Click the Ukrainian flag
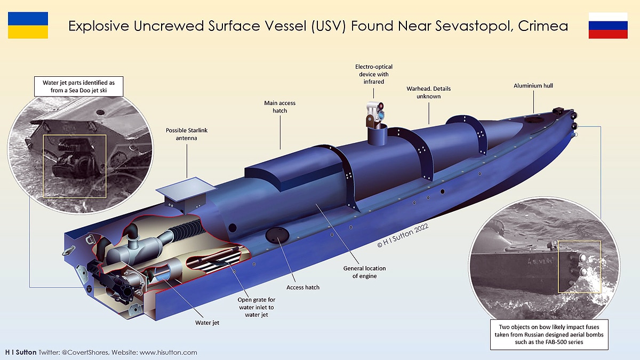tap(28, 25)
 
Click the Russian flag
tap(608, 25)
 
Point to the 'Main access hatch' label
tap(279, 107)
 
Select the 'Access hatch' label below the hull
tap(303, 287)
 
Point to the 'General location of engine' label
tap(364, 272)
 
